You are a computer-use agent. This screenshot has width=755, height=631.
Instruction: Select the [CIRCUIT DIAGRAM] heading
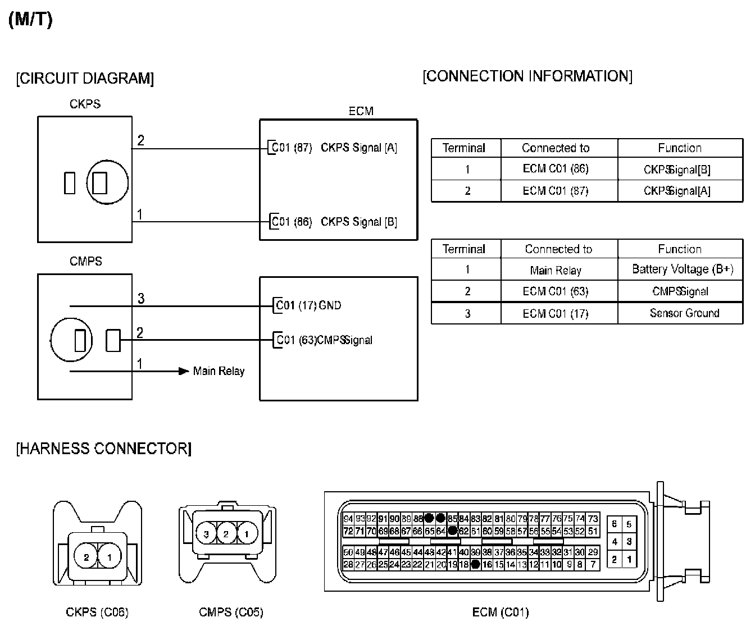[x=85, y=78]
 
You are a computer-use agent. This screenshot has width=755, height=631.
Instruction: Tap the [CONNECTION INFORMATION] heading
[x=527, y=76]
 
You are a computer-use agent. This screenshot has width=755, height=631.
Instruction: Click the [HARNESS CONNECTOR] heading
[x=103, y=449]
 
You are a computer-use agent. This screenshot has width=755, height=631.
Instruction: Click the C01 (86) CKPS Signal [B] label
[x=334, y=222]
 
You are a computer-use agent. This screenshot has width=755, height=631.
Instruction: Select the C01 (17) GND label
[x=308, y=305]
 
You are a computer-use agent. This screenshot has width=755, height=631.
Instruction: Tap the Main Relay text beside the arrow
[x=219, y=371]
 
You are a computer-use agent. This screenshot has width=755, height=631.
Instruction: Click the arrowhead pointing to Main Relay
[x=183, y=371]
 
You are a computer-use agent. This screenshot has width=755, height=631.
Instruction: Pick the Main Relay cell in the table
[x=556, y=270]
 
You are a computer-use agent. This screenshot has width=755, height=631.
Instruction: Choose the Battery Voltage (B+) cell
[x=683, y=269]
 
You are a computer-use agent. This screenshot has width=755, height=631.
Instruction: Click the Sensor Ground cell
[x=684, y=313]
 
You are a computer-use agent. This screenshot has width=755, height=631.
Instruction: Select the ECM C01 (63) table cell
[x=556, y=291]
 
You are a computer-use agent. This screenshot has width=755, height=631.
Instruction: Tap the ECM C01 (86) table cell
[x=556, y=169]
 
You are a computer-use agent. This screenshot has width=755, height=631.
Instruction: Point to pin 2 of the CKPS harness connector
[x=87, y=557]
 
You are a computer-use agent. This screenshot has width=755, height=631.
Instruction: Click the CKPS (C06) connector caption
[x=97, y=612]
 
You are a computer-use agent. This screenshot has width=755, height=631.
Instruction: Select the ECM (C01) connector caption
[x=501, y=612]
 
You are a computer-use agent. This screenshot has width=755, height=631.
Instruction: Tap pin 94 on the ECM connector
[x=348, y=519]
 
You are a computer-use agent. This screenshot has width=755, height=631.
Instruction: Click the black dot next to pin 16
[x=475, y=564]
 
